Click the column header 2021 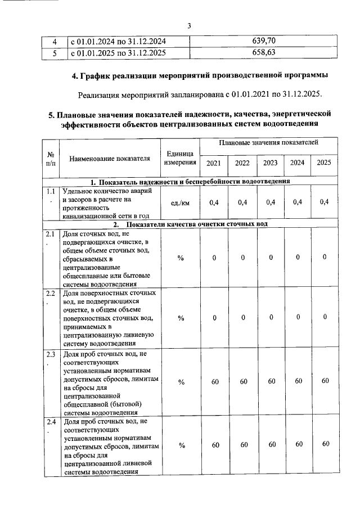(214, 163)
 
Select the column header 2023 (270, 163)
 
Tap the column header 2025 (324, 163)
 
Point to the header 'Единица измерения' (181, 158)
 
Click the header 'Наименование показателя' (110, 159)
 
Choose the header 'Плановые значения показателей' (269, 144)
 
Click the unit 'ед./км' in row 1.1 (181, 202)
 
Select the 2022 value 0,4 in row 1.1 (242, 202)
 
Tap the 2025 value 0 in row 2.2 (325, 317)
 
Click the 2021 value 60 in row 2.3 (214, 382)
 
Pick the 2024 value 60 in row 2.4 (298, 445)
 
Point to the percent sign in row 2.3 (181, 382)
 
